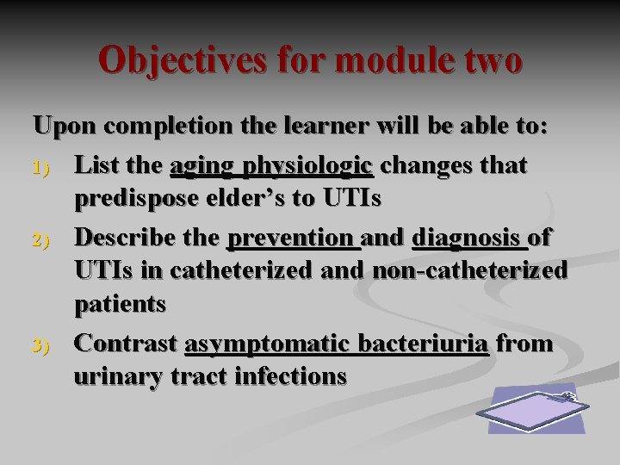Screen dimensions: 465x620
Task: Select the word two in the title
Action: click(x=488, y=61)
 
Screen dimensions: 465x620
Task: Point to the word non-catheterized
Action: click(x=471, y=272)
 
